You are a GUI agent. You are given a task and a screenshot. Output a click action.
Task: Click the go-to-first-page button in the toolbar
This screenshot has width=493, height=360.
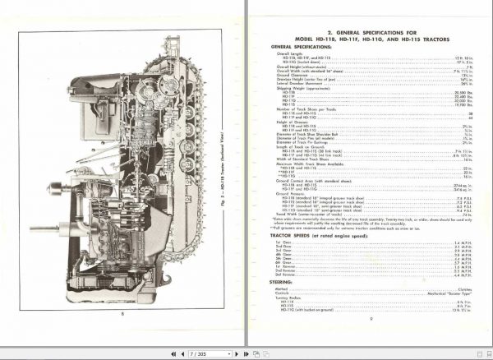[x=173, y=353]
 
